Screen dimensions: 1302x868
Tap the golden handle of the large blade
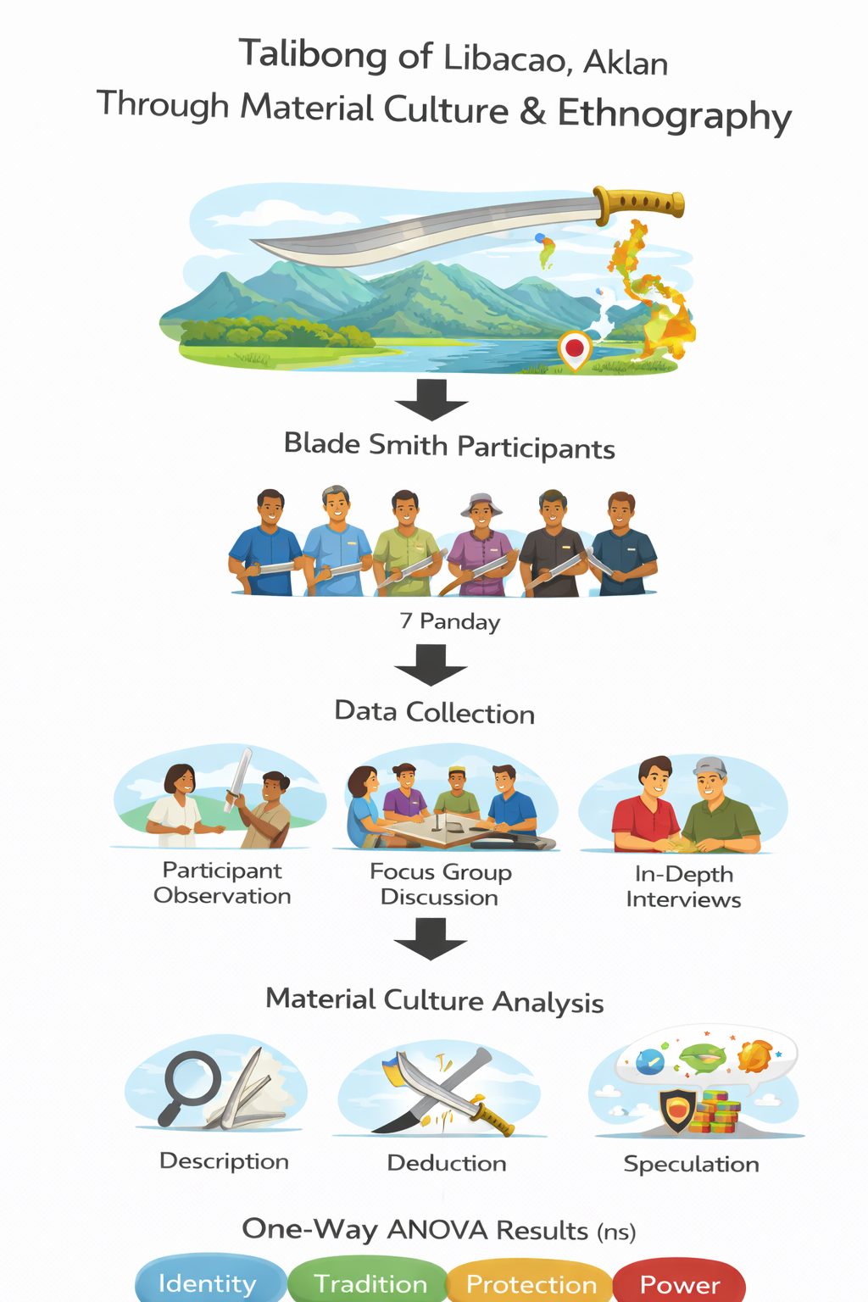coord(640,203)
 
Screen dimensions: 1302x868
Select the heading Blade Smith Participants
coord(449,446)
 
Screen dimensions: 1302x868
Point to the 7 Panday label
coord(450,621)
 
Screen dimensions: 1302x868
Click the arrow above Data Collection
coord(431,665)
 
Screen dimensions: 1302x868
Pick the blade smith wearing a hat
coord(481,542)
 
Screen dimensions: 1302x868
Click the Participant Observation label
coord(222,883)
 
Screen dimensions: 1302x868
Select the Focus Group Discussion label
coord(440,884)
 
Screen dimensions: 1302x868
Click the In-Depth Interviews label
coord(683,887)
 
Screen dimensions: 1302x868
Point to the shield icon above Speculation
coord(677,1110)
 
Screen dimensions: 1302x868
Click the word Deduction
coord(447,1163)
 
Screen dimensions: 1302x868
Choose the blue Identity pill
coord(209,1283)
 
